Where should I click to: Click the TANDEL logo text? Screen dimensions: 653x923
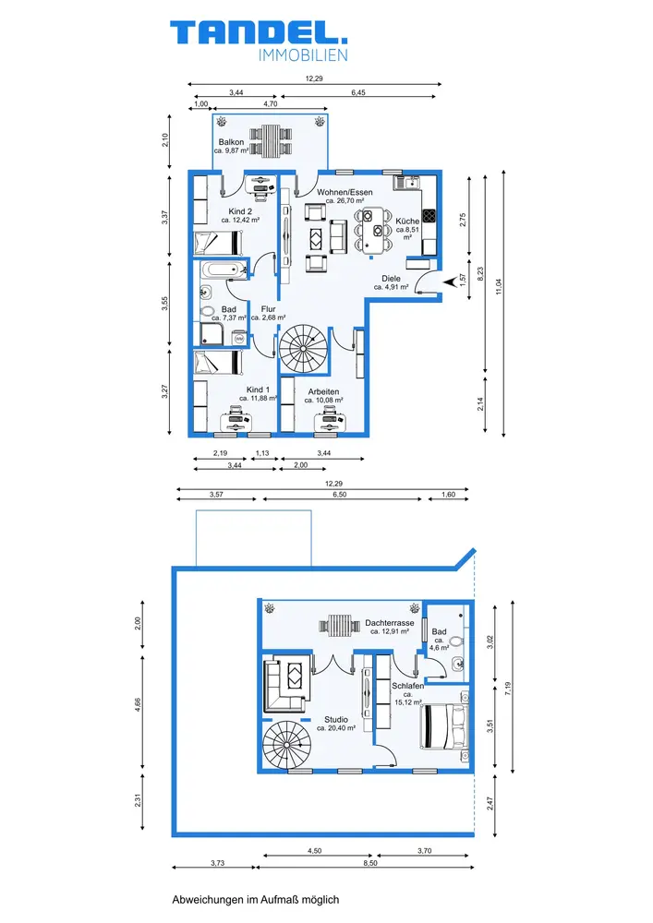tap(259, 32)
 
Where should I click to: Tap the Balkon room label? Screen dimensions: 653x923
tap(232, 142)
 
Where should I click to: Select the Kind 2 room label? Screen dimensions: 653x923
tap(240, 211)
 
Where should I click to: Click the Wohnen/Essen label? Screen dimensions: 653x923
tap(345, 193)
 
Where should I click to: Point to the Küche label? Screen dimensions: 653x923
tap(407, 222)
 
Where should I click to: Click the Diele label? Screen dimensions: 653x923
tap(391, 279)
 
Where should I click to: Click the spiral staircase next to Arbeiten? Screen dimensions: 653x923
tap(303, 349)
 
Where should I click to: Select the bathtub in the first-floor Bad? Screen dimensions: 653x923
tap(224, 270)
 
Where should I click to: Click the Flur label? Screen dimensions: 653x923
tap(268, 309)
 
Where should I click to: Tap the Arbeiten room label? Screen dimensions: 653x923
tap(323, 391)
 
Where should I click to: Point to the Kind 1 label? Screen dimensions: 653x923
tap(258, 390)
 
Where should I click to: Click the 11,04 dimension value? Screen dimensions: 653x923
tap(499, 287)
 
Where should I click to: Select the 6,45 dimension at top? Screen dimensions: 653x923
tap(358, 92)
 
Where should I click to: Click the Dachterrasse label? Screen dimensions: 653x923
tap(389, 623)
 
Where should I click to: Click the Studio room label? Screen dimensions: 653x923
tap(336, 719)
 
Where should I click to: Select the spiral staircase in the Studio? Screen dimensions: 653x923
tap(285, 745)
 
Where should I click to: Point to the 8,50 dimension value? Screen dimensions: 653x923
tap(370, 863)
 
